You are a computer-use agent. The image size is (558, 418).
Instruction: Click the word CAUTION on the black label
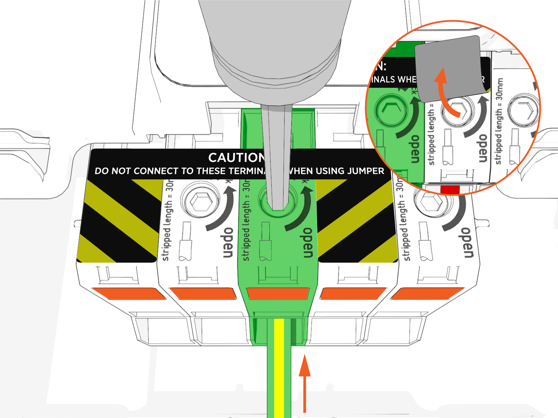236,158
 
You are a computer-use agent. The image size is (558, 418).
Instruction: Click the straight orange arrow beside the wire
305,383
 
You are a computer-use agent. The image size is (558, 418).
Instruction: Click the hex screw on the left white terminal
200,201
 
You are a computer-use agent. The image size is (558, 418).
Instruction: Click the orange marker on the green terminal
278,293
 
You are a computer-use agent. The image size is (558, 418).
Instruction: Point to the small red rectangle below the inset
450,190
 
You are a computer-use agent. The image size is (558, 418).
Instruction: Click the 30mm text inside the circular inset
499,88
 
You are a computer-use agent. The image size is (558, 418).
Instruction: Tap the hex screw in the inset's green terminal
391,111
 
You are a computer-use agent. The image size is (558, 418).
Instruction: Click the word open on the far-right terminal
467,243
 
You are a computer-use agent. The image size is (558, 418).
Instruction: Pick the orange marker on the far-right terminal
427,293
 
